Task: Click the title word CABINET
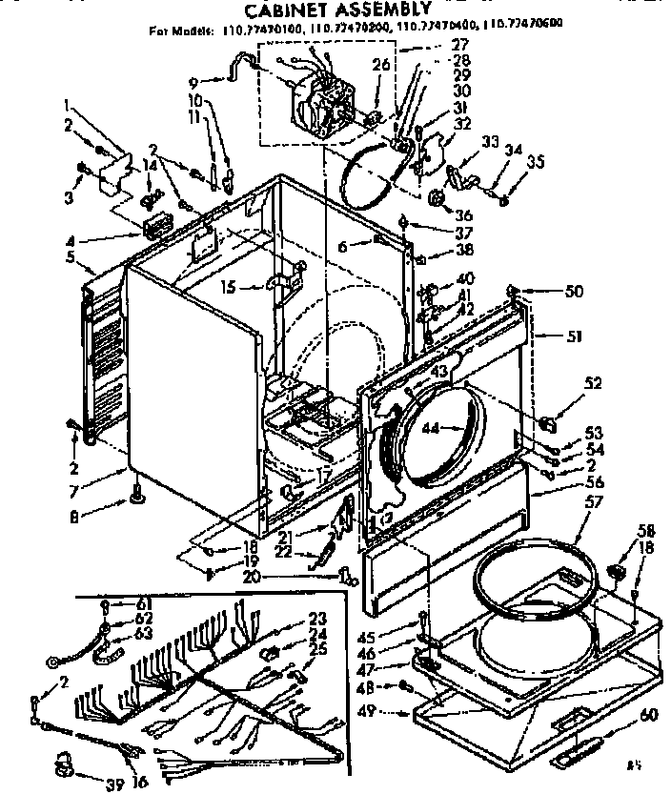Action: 277,11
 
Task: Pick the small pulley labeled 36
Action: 437,198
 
